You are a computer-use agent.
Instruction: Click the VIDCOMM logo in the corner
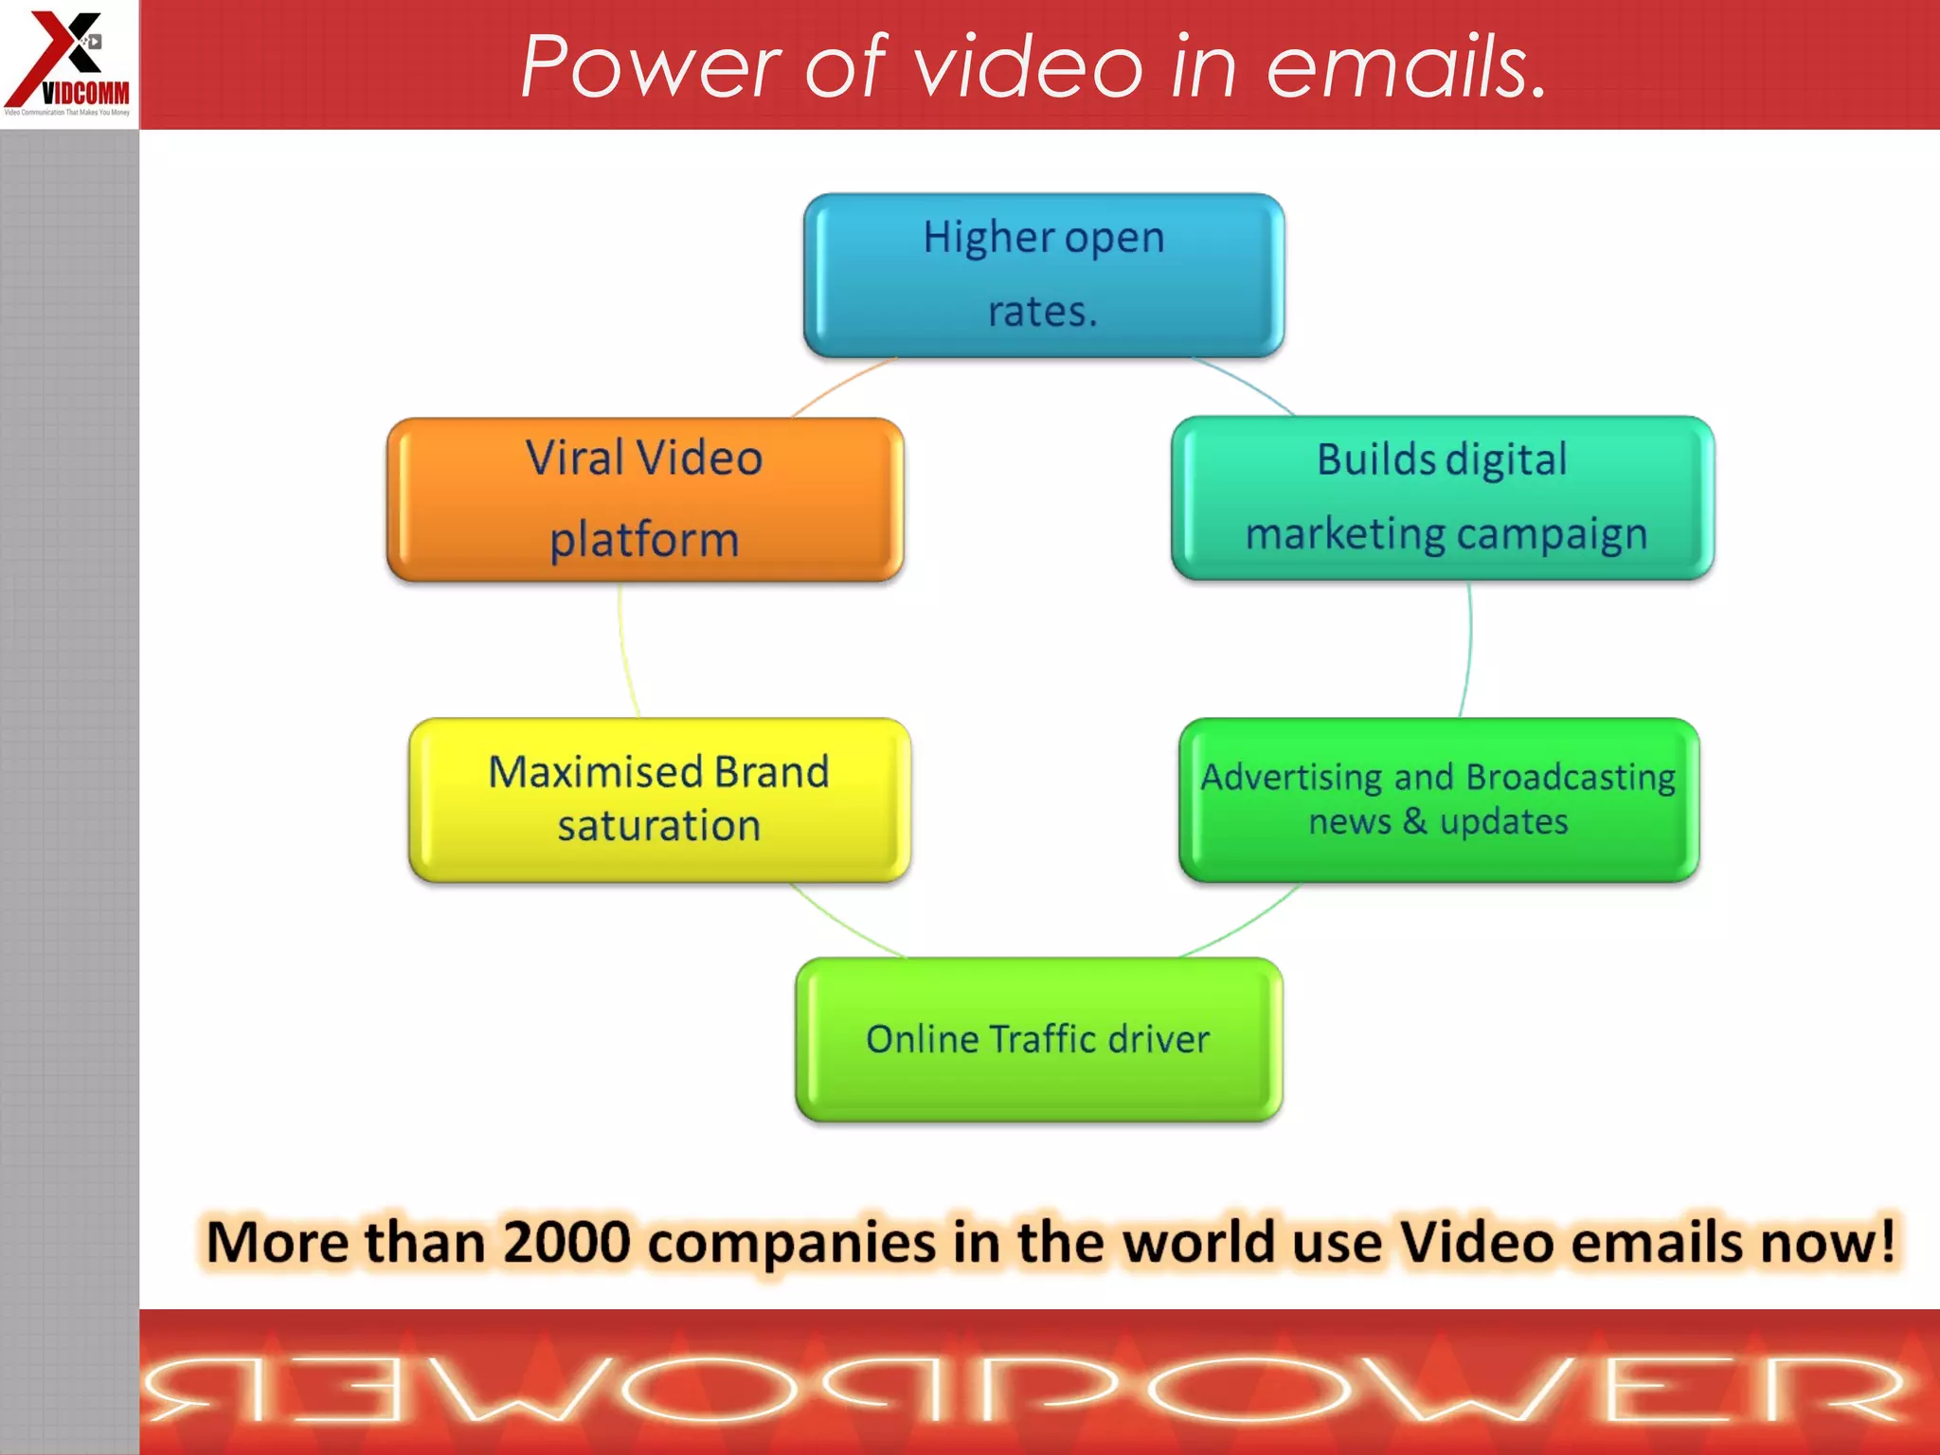click(x=68, y=63)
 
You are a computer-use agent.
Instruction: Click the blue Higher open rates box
click(x=1043, y=275)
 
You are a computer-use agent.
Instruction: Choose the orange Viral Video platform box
click(x=644, y=499)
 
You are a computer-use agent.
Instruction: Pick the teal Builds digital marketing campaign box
click(x=1442, y=497)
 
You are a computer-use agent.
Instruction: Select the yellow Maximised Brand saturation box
click(x=659, y=799)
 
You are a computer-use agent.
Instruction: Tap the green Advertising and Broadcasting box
click(x=1438, y=799)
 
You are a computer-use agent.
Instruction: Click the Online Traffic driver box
click(x=1038, y=1039)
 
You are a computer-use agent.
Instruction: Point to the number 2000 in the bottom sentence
click(x=566, y=1242)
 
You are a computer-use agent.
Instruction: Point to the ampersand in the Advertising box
click(x=1415, y=821)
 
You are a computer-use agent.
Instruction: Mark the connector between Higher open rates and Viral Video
click(x=842, y=386)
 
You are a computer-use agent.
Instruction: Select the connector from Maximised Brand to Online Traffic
click(x=845, y=923)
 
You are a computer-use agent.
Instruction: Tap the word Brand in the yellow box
click(x=771, y=772)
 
